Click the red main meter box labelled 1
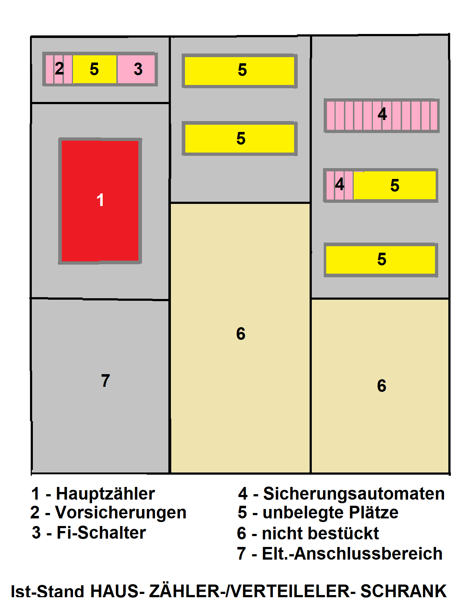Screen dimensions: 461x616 pyautogui.click(x=100, y=201)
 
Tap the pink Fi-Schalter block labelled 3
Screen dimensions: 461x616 pyautogui.click(x=136, y=69)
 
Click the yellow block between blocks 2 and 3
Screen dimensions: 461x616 pyautogui.click(x=95, y=69)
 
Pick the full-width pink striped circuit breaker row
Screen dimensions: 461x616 pyautogui.click(x=382, y=116)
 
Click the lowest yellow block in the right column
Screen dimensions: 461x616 pyautogui.click(x=381, y=260)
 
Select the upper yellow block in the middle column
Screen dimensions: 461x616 pyautogui.click(x=240, y=71)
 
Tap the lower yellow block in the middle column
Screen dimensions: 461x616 pyautogui.click(x=240, y=139)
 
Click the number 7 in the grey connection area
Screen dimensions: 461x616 pyautogui.click(x=105, y=381)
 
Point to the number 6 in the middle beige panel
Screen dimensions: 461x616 pyautogui.click(x=241, y=334)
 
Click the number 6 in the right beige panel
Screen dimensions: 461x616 pyautogui.click(x=382, y=386)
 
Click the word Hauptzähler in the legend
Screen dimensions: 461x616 pyautogui.click(x=105, y=494)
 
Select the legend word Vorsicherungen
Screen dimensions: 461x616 pyautogui.click(x=121, y=513)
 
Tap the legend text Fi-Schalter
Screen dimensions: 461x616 pyautogui.click(x=101, y=533)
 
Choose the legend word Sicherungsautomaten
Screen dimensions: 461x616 pyautogui.click(x=354, y=494)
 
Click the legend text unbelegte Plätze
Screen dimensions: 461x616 pyautogui.click(x=330, y=513)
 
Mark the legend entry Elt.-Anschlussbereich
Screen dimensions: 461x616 pyautogui.click(x=352, y=554)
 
